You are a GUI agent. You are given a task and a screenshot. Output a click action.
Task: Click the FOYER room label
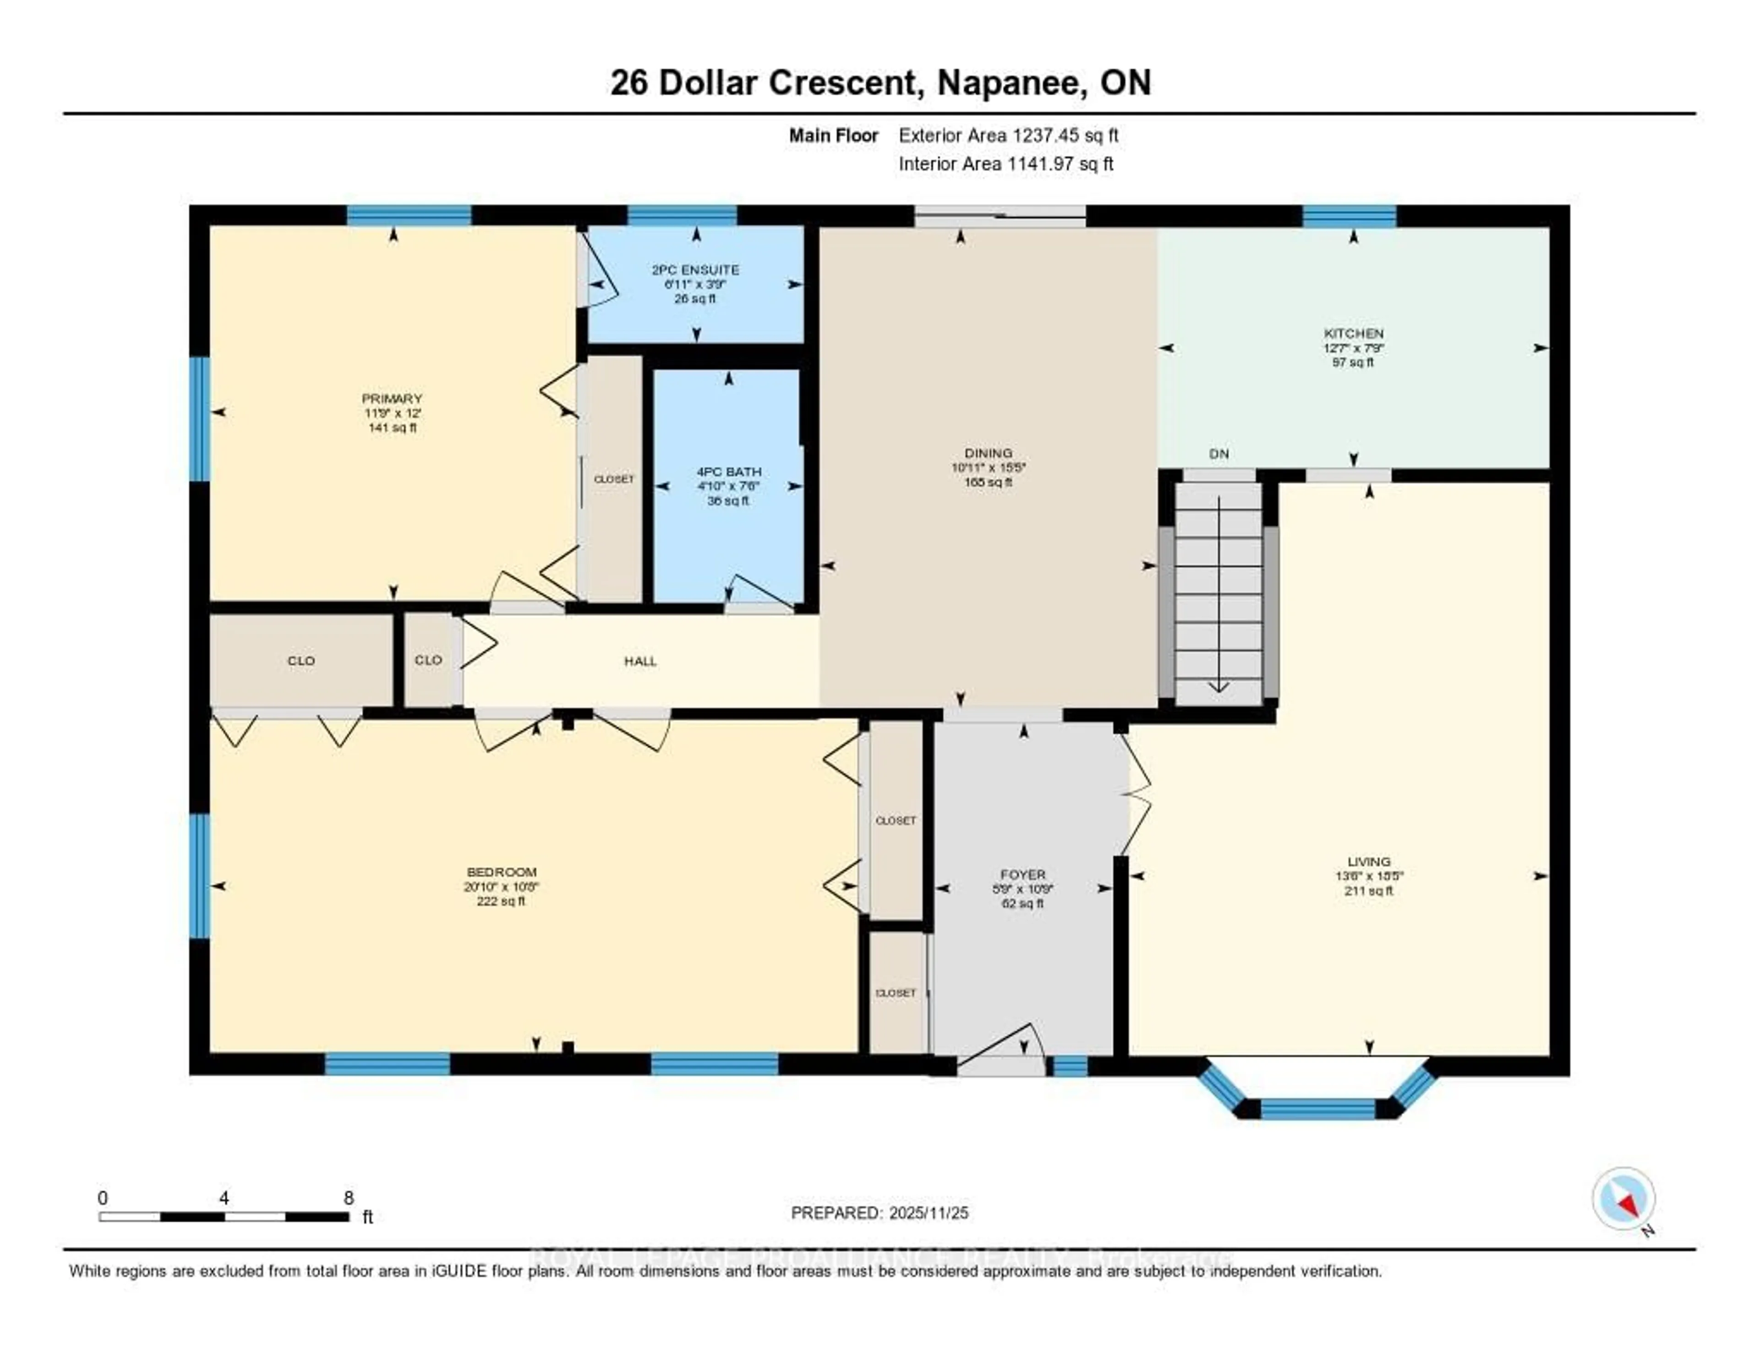coord(1023,875)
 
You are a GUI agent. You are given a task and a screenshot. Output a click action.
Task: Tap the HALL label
coord(640,661)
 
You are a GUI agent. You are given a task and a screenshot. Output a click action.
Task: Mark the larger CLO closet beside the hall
coord(301,661)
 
